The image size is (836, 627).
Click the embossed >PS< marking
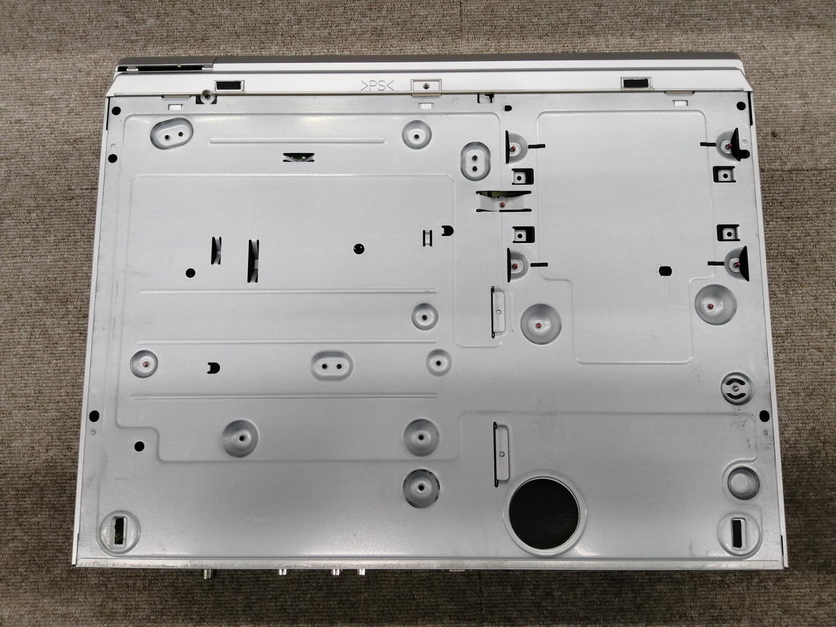click(x=377, y=86)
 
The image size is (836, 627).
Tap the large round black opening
click(x=544, y=513)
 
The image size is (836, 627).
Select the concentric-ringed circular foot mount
click(x=737, y=389)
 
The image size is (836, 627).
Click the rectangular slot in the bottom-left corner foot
click(x=120, y=531)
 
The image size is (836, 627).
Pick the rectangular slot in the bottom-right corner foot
click(x=737, y=533)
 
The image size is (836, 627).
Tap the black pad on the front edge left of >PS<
click(x=229, y=86)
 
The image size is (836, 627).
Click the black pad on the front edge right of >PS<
click(x=635, y=83)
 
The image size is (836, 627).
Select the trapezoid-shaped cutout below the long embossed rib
click(x=298, y=157)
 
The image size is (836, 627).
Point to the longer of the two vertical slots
click(x=253, y=261)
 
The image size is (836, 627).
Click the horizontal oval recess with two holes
click(x=331, y=366)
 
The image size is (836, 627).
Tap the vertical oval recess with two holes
click(x=475, y=161)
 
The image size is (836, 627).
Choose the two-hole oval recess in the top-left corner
click(x=172, y=133)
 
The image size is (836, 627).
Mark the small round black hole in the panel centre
click(x=359, y=249)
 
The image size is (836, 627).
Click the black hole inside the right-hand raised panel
click(x=665, y=271)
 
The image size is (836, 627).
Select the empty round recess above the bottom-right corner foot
click(x=743, y=483)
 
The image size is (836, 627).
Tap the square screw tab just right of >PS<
click(x=426, y=86)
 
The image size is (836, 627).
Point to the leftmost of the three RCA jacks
click(x=283, y=571)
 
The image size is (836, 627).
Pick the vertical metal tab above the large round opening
click(x=501, y=454)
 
